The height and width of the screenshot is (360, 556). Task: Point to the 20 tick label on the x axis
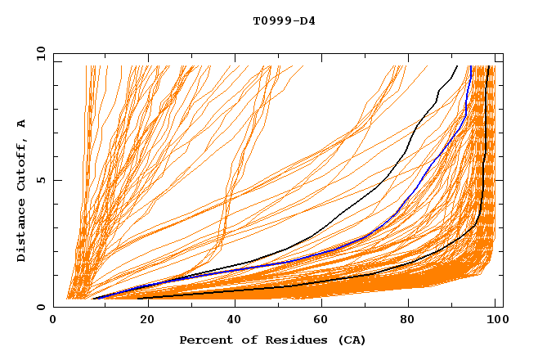(142, 322)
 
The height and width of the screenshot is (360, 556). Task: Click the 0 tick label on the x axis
(54, 322)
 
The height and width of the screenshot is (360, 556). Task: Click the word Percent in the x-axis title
(204, 340)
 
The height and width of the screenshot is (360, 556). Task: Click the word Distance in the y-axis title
(22, 232)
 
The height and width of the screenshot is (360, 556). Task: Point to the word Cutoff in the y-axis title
(22, 164)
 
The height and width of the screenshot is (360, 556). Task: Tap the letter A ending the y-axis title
(22, 123)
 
